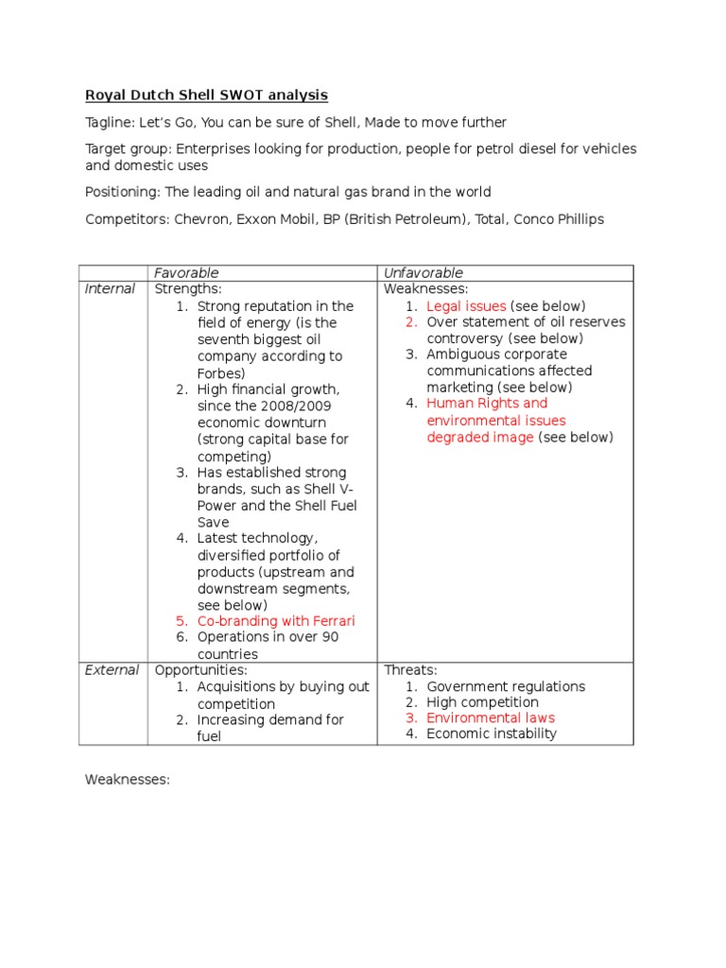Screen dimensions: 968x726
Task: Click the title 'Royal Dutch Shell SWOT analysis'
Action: click(x=206, y=95)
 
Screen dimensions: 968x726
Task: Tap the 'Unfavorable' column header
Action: click(x=423, y=273)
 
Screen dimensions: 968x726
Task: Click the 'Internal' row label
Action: click(x=110, y=289)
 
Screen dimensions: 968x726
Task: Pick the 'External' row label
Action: click(x=112, y=670)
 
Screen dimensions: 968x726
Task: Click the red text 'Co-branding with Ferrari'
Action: click(x=276, y=621)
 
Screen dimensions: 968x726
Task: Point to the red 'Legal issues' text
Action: click(x=467, y=306)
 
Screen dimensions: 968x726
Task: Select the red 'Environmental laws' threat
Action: click(x=491, y=717)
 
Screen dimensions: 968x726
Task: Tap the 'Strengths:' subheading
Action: click(x=188, y=289)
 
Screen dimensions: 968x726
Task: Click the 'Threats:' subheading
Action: click(x=412, y=670)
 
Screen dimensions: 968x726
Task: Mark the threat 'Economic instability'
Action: click(x=492, y=734)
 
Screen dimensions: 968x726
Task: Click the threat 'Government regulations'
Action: click(x=506, y=686)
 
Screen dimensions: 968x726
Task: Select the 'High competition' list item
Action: click(x=482, y=702)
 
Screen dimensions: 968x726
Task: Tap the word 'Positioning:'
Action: click(x=123, y=192)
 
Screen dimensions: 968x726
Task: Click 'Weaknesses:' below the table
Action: click(x=127, y=780)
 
